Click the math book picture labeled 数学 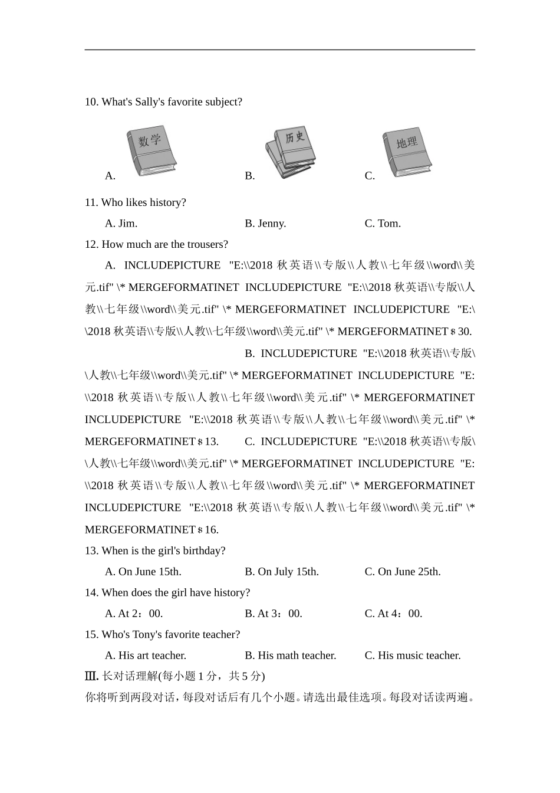click(151, 151)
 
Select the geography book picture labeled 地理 click(407, 151)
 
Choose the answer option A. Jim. click(121, 224)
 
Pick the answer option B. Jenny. click(265, 224)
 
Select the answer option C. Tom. click(383, 224)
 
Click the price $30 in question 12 click(461, 332)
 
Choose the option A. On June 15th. click(143, 572)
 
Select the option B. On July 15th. click(282, 572)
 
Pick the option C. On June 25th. click(403, 572)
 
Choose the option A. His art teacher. click(146, 656)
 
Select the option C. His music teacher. click(413, 656)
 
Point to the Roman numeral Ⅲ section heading click(91, 676)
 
